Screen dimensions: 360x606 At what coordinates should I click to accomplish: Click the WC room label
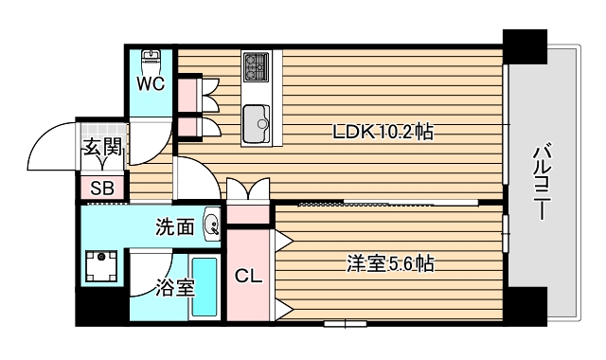tap(151, 83)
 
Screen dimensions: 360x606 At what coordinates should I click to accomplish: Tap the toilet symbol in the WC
tap(150, 59)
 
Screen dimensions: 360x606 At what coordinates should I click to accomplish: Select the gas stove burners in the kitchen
tap(256, 65)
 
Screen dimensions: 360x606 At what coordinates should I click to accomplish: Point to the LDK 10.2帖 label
tap(383, 133)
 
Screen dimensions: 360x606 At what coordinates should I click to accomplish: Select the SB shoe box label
tap(101, 188)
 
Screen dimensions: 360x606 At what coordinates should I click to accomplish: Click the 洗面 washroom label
tap(175, 226)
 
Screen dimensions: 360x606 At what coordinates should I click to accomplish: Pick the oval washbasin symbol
tap(212, 225)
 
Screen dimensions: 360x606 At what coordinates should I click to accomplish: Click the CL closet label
tap(248, 277)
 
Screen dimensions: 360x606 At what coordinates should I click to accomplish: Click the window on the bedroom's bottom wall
tap(344, 324)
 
